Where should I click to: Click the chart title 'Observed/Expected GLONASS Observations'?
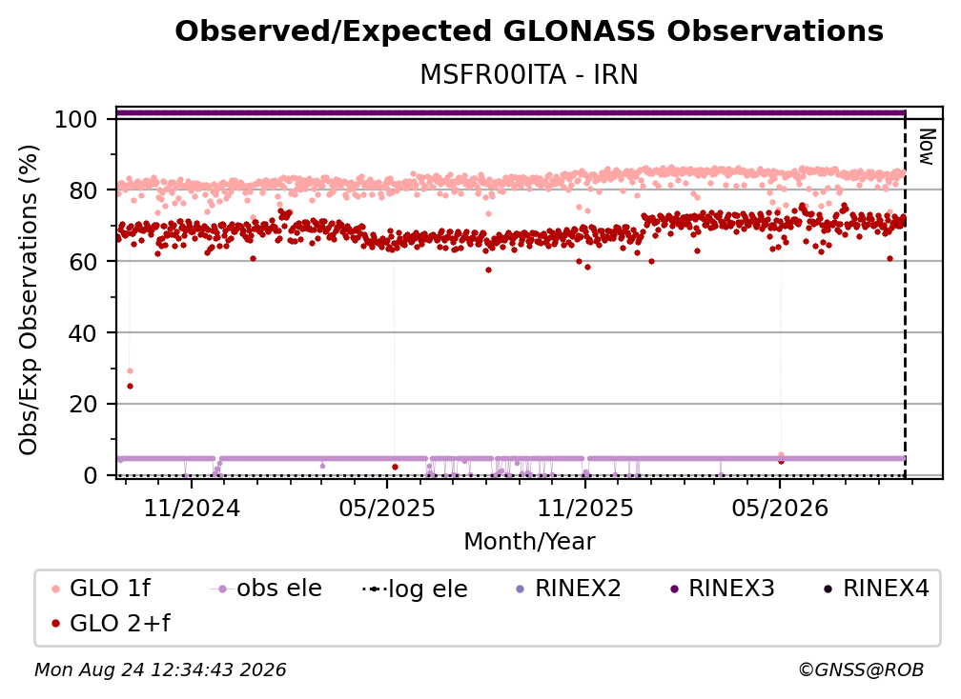pyautogui.click(x=529, y=31)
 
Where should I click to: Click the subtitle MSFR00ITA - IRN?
pyautogui.click(x=529, y=74)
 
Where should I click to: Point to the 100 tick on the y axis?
pyautogui.click(x=75, y=119)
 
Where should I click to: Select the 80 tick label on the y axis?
pyautogui.click(x=83, y=190)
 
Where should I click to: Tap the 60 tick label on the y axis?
pyautogui.click(x=83, y=261)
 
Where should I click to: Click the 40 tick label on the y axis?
pyautogui.click(x=83, y=333)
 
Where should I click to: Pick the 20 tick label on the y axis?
pyautogui.click(x=83, y=404)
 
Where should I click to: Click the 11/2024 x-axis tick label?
pyautogui.click(x=192, y=508)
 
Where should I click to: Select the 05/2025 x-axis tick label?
pyautogui.click(x=387, y=508)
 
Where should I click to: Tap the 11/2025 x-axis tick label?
pyautogui.click(x=585, y=508)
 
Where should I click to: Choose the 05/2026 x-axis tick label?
pyautogui.click(x=780, y=508)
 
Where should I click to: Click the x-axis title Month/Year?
pyautogui.click(x=529, y=542)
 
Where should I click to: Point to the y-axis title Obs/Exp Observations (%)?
pyautogui.click(x=29, y=300)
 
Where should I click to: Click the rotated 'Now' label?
pyautogui.click(x=927, y=147)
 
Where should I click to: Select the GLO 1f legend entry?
pyautogui.click(x=101, y=589)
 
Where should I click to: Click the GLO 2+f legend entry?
pyautogui.click(x=111, y=623)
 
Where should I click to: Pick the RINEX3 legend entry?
pyautogui.click(x=723, y=589)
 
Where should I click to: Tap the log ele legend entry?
pyautogui.click(x=416, y=589)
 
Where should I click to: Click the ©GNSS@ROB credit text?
pyautogui.click(x=861, y=669)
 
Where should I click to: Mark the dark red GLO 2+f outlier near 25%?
pyautogui.click(x=130, y=387)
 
